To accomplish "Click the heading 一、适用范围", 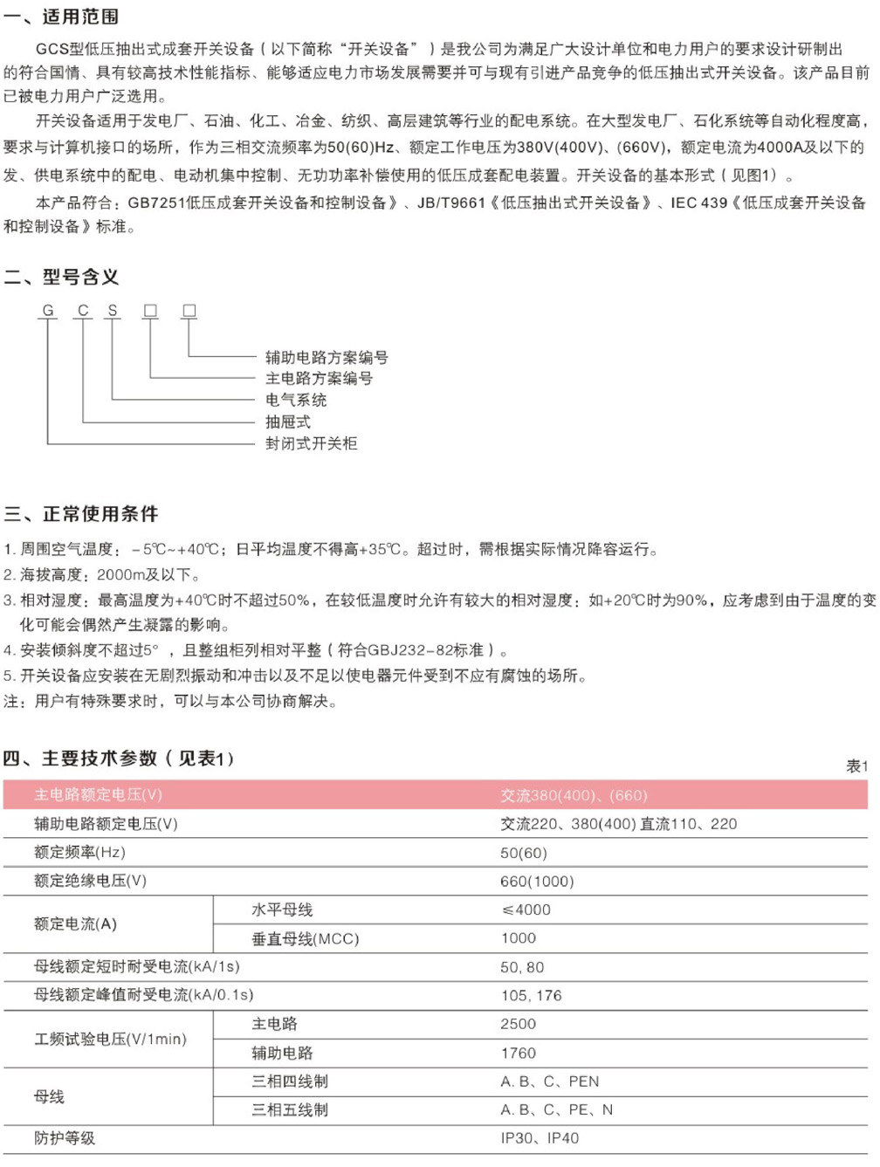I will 61,17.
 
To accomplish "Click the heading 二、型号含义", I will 61,278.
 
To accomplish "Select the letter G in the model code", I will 48,311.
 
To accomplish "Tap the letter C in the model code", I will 83,311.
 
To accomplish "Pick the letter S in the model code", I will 113,311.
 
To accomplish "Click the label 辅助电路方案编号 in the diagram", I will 327,357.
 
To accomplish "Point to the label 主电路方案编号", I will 319,378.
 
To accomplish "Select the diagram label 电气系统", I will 296,400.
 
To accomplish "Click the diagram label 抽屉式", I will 288,422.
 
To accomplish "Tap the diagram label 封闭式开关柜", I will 311,443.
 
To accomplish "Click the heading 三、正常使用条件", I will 81,514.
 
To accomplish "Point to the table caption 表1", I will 856,766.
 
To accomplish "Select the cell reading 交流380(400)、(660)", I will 574,795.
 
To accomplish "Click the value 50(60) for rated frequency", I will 523,853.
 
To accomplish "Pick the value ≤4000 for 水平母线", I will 526,910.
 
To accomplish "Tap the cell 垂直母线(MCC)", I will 305,938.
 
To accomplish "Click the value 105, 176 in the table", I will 531,995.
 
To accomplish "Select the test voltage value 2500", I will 518,1024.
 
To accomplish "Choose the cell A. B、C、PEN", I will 549,1081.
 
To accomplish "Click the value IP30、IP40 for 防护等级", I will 539,1138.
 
